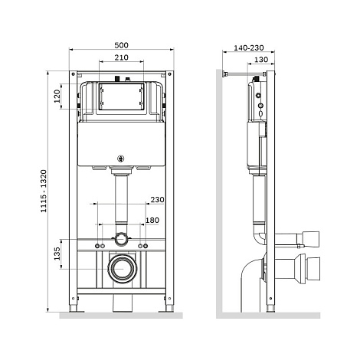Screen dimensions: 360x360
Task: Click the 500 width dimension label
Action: coord(121,45)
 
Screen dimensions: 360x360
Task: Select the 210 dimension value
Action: coord(121,57)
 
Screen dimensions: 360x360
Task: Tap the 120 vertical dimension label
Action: coord(57,96)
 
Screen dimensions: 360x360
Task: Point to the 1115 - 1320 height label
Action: coord(44,191)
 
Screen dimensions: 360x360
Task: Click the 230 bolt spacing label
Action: coord(157,199)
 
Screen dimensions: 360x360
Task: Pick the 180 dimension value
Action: coord(152,220)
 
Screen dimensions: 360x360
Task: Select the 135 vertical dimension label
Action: coord(57,254)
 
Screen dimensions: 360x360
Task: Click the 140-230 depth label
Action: coord(249,47)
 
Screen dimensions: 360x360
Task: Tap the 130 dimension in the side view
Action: coord(261,60)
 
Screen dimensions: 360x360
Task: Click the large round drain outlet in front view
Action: coord(123,269)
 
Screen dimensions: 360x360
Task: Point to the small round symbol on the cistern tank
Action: coord(120,159)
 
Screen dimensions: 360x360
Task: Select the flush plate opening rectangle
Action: coord(121,97)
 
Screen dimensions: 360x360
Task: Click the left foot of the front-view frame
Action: coord(73,309)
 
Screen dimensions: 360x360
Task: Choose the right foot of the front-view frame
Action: coord(169,309)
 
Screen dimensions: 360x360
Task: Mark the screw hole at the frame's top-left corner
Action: coord(73,74)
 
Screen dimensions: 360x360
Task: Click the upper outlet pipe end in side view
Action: coord(311,239)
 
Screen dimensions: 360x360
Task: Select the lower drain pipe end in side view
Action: coord(313,269)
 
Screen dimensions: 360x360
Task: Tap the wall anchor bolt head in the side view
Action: coord(224,74)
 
